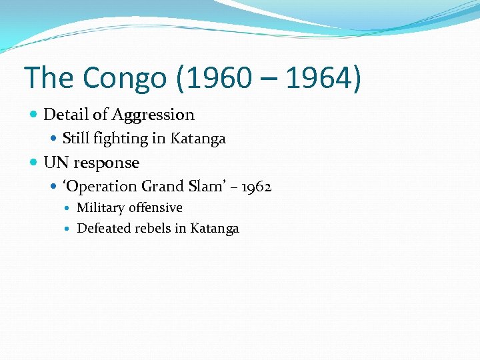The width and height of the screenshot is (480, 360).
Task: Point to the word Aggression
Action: click(x=153, y=115)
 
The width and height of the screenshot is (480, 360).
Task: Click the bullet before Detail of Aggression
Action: click(x=34, y=115)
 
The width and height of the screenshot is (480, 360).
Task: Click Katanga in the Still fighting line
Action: click(x=198, y=139)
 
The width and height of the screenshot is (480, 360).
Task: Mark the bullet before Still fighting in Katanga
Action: click(x=55, y=139)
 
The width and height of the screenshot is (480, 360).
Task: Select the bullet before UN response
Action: click(x=34, y=163)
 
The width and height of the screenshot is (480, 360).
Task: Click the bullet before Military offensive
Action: click(x=69, y=208)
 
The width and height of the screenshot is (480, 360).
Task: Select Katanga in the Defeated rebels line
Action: click(x=214, y=229)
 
